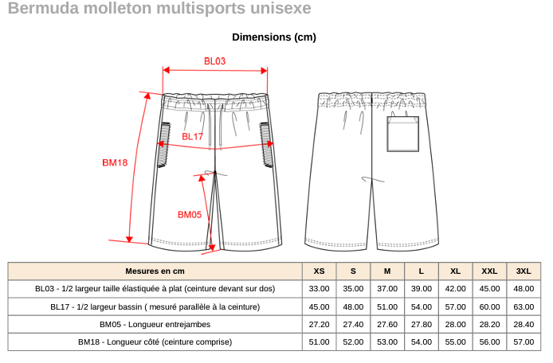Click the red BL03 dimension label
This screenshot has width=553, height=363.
click(x=215, y=61)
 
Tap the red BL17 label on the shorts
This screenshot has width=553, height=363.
click(x=193, y=137)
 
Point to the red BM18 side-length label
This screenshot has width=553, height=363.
click(x=115, y=162)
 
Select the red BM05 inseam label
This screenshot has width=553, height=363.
click(x=190, y=214)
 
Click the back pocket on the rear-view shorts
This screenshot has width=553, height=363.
click(x=402, y=134)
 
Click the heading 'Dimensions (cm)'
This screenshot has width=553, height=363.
click(x=274, y=37)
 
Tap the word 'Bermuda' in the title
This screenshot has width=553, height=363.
click(x=37, y=9)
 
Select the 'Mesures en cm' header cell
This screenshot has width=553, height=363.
click(x=155, y=271)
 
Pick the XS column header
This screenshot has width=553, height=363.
click(x=319, y=271)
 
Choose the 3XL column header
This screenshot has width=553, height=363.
click(x=524, y=271)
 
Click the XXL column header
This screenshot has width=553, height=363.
click(x=489, y=271)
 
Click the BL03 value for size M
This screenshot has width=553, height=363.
click(x=387, y=288)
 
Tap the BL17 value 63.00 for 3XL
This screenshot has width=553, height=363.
click(x=524, y=306)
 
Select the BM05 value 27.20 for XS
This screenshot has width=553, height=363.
click(x=319, y=324)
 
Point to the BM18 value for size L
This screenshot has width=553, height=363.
click(x=422, y=342)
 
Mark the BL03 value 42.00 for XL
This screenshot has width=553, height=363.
click(x=456, y=288)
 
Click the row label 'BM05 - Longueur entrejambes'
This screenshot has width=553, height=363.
click(x=155, y=324)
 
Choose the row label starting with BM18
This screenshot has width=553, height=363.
click(x=155, y=342)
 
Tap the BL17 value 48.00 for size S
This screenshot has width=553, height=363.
click(x=353, y=306)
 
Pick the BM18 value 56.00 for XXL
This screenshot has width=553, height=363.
click(x=489, y=342)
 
